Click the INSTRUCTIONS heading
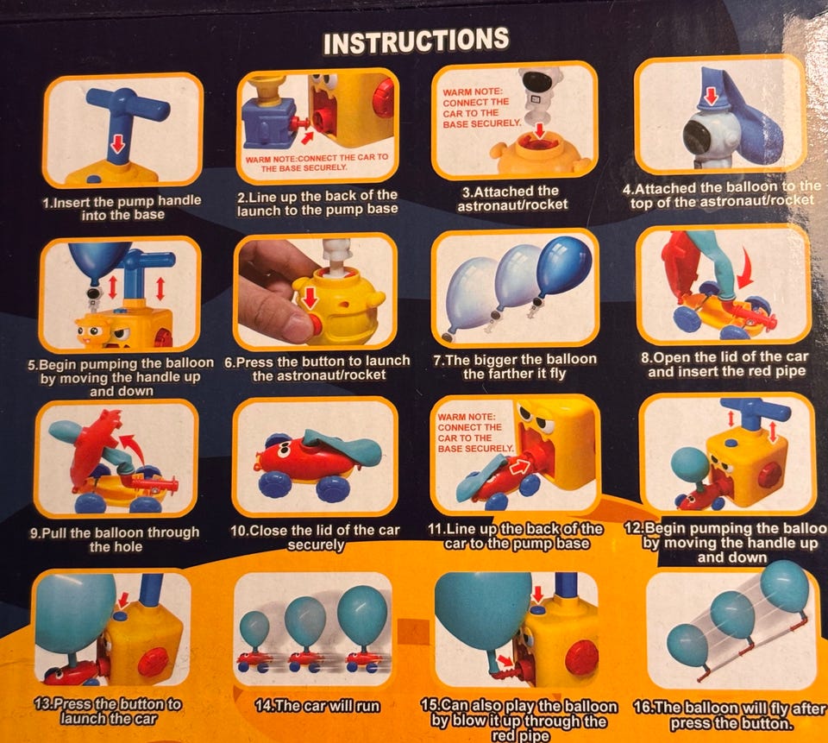416,41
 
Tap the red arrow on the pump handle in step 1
116,142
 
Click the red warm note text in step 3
481,108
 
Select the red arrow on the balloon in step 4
711,96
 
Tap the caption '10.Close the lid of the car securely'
316,538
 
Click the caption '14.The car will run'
317,706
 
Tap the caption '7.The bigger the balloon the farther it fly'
514,367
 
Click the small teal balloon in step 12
690,466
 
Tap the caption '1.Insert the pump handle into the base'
122,208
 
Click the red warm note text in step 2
317,162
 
